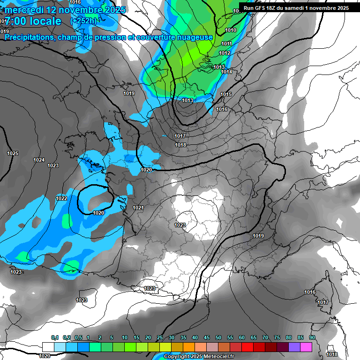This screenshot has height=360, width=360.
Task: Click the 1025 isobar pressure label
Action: coord(13,154)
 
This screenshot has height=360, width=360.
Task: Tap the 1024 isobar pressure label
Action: coord(39,160)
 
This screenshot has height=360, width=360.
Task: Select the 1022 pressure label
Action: coord(61,198)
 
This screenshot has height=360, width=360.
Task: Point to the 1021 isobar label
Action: coord(138,208)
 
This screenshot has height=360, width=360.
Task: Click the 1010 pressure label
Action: coord(231,30)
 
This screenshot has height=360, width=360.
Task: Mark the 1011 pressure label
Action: coord(226,44)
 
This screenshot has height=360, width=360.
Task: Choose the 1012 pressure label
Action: coord(225,53)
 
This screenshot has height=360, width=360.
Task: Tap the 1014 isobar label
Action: coord(226,72)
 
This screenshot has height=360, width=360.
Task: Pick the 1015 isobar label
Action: coord(226,95)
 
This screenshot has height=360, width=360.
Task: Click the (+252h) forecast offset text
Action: coord(83,21)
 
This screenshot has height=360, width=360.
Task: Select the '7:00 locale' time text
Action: coord(33,21)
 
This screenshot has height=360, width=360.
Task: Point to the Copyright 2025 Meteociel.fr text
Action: coord(199,357)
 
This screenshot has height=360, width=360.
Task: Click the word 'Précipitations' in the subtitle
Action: coord(30,37)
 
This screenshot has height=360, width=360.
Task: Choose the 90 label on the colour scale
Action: coord(312,338)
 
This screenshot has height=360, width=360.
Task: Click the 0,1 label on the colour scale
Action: coord(54,338)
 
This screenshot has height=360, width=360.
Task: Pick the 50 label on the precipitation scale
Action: coord(218,338)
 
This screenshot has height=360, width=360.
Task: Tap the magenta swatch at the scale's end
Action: coord(306,347)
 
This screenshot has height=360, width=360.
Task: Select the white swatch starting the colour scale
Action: coord(48,347)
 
